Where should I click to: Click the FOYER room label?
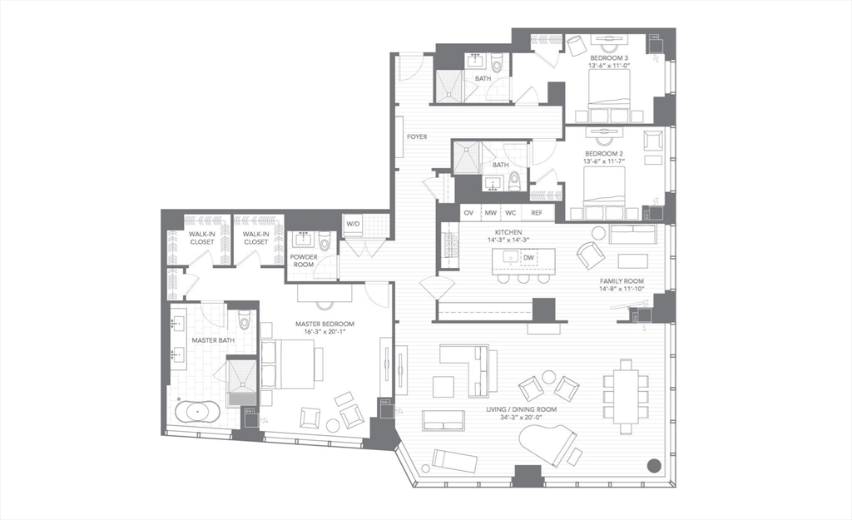tap(417, 136)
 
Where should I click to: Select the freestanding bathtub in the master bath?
tap(198, 412)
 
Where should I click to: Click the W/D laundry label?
tap(354, 224)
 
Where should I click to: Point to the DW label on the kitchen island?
tap(528, 258)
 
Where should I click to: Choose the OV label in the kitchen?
tap(468, 213)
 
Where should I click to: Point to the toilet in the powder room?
tap(325, 240)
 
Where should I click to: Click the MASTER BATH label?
tap(213, 340)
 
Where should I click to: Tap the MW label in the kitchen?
tap(491, 213)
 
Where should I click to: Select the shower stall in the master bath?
tap(242, 379)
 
